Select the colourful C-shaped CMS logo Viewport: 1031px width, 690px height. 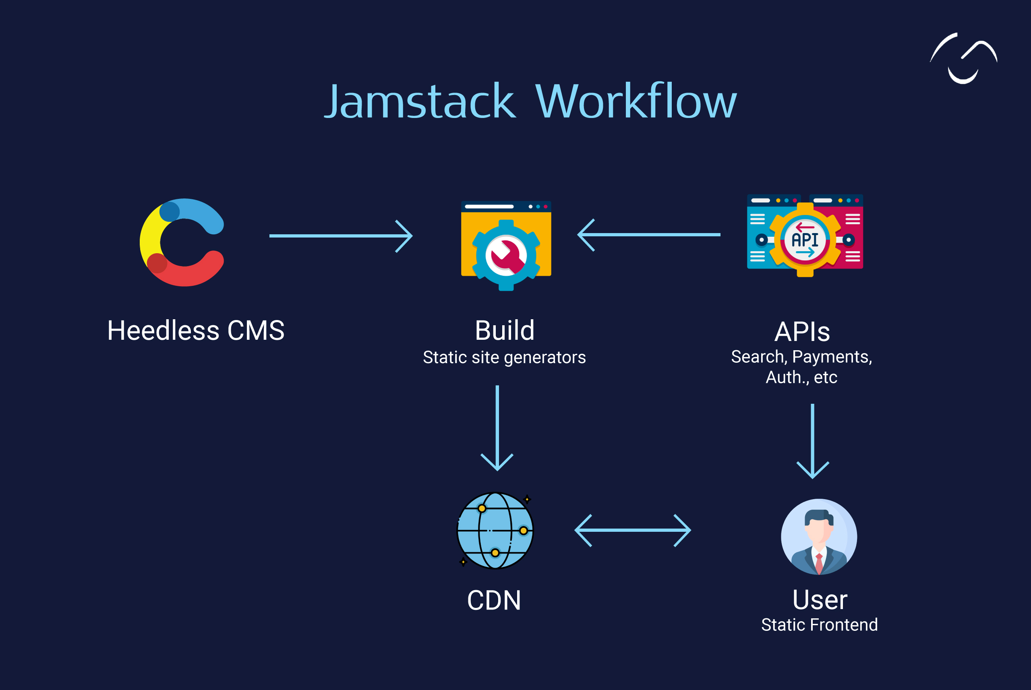(x=181, y=242)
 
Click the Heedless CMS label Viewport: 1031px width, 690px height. (x=196, y=331)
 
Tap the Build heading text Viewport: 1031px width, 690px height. (x=505, y=331)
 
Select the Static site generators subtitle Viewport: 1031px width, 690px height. (x=504, y=357)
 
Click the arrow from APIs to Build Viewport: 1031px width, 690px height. (x=649, y=235)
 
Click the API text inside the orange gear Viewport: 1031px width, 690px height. (x=805, y=240)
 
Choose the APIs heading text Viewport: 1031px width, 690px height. (x=802, y=332)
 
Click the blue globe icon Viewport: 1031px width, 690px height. (x=495, y=530)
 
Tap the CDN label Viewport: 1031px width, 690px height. (x=494, y=600)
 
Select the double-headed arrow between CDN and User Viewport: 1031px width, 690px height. (x=633, y=531)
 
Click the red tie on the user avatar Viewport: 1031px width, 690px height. (x=819, y=563)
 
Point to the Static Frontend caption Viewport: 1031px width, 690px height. (x=819, y=625)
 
